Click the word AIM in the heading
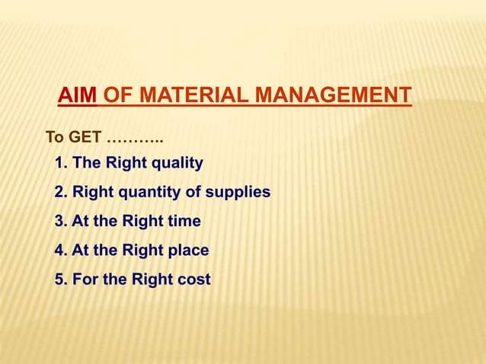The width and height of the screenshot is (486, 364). tap(78, 97)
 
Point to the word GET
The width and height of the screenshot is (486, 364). tap(85, 139)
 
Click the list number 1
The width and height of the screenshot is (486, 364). tap(60, 163)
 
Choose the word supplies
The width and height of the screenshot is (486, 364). tap(239, 192)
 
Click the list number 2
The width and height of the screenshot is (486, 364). tap(60, 192)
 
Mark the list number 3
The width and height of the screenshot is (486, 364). tap(60, 222)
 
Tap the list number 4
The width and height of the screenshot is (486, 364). tap(60, 251)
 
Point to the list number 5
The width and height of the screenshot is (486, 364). tap(60, 279)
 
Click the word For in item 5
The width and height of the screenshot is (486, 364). tap(85, 279)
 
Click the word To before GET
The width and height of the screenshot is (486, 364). tap(54, 139)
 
